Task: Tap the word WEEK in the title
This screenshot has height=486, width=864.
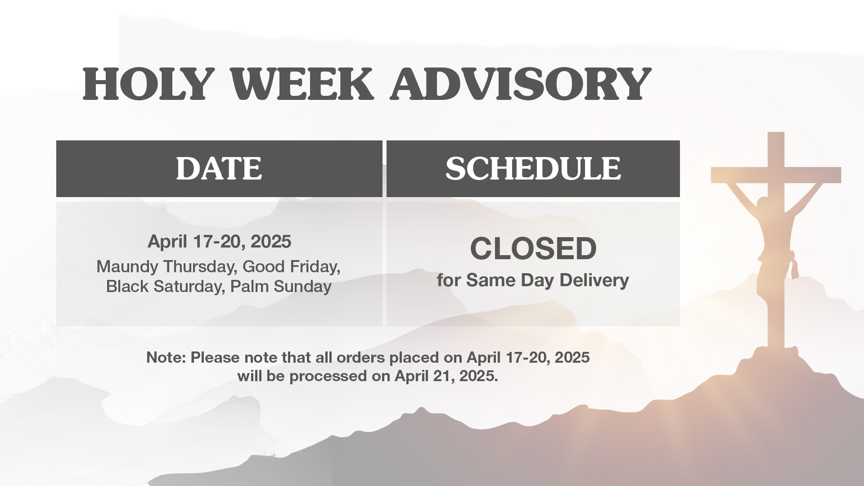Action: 302,84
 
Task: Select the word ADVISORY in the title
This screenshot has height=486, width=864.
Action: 521,84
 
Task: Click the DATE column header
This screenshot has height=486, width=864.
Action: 219,169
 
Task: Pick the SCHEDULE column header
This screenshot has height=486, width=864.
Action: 533,169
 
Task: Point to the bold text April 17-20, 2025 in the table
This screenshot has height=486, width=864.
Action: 220,242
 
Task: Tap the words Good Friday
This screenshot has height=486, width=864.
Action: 292,267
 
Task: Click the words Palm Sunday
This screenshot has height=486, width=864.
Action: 281,286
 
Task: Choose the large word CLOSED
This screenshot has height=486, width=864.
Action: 533,248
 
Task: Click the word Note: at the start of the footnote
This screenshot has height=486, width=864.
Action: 166,357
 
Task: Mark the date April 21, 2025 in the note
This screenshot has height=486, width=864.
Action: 446,376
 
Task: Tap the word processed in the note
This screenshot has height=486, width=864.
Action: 328,376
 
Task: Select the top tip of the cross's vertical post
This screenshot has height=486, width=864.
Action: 776,132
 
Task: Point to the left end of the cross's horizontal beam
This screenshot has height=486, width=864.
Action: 711,175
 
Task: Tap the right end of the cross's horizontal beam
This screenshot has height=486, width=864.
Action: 841,175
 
